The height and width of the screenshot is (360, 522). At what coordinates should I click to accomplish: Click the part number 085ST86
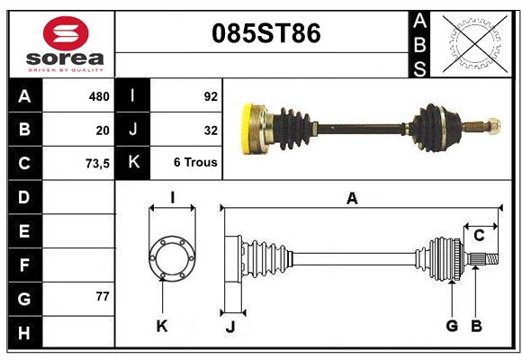[266, 33]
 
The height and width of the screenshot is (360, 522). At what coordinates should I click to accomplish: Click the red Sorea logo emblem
[66, 33]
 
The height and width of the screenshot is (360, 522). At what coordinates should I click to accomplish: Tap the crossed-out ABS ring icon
[475, 44]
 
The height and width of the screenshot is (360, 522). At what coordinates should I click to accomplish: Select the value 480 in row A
[99, 96]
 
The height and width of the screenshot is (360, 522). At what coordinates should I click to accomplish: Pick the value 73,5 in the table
[97, 164]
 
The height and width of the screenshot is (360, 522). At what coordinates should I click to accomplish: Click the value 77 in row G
[103, 296]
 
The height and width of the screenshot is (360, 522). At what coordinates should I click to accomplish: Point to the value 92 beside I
[211, 96]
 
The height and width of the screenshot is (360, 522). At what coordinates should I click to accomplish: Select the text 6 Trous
[195, 162]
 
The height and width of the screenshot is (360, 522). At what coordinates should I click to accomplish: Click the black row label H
[25, 332]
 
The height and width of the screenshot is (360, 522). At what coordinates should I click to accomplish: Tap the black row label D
[25, 197]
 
